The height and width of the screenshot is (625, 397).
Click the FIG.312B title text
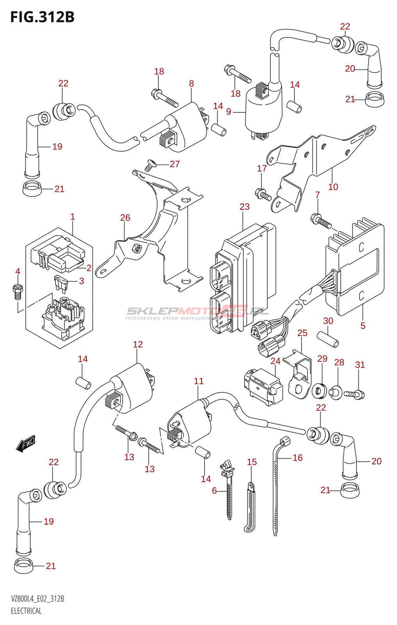click(42, 17)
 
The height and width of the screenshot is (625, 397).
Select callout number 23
click(245, 207)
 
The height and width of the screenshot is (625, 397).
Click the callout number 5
click(363, 326)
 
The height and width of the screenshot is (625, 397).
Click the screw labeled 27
click(150, 165)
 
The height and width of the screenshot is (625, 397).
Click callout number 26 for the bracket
click(125, 218)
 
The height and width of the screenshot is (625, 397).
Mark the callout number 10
click(333, 187)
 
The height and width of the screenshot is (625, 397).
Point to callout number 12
click(138, 344)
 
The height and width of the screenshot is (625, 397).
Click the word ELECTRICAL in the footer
click(26, 611)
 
